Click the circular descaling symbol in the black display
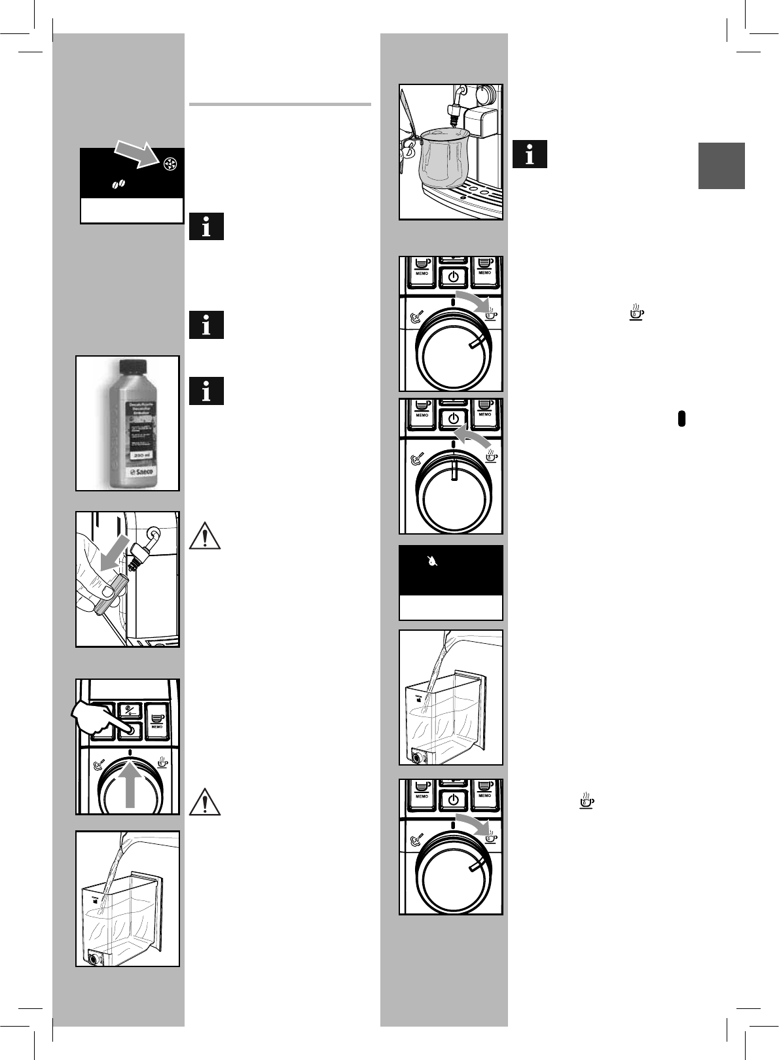click(168, 164)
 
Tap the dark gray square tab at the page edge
click(721, 166)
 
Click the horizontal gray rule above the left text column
click(280, 104)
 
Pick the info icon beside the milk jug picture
click(530, 154)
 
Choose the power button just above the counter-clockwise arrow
click(452, 417)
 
